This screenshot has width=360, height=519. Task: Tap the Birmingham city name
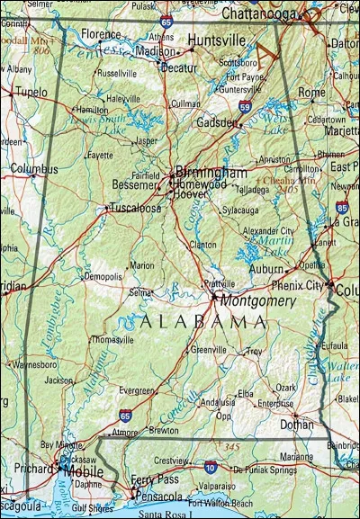(x=211, y=172)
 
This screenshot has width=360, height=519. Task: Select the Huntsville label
(x=217, y=40)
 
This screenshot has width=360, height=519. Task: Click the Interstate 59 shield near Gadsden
(x=244, y=106)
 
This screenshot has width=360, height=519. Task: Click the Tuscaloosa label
(x=134, y=209)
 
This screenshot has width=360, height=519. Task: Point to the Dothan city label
(x=296, y=423)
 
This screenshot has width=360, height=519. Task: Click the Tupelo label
(x=31, y=92)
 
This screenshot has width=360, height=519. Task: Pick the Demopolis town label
(x=103, y=278)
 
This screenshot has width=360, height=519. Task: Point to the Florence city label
(x=101, y=34)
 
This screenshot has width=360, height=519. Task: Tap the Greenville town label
(x=208, y=350)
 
